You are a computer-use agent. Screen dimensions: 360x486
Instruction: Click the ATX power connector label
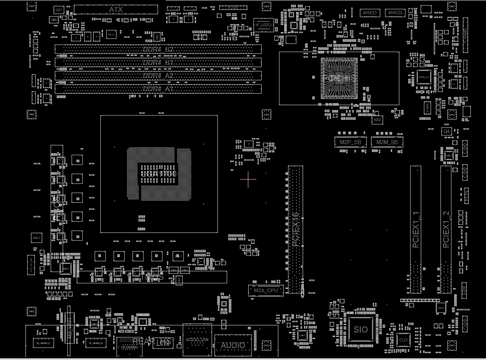click(x=116, y=9)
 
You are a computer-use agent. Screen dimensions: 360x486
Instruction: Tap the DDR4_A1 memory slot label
click(x=158, y=89)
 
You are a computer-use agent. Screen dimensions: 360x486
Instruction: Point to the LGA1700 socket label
click(x=159, y=174)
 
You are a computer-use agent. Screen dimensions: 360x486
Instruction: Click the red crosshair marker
click(x=248, y=179)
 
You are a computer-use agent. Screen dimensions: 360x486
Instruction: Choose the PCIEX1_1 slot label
click(x=415, y=230)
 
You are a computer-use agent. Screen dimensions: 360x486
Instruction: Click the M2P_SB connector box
click(x=351, y=142)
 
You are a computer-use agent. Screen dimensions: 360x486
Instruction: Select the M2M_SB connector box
click(x=387, y=142)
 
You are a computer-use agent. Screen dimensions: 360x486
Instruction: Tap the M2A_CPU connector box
click(x=266, y=291)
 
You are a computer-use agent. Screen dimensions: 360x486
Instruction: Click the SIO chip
click(x=361, y=329)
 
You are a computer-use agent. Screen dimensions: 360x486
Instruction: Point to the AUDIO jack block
click(x=233, y=346)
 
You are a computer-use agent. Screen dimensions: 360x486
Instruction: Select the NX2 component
click(x=377, y=120)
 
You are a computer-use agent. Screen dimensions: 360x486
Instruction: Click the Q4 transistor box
click(x=446, y=131)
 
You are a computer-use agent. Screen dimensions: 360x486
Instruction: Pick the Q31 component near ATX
click(x=59, y=9)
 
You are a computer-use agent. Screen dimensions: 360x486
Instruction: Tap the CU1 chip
click(x=403, y=340)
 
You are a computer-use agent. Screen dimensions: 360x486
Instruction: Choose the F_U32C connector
click(x=263, y=25)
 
